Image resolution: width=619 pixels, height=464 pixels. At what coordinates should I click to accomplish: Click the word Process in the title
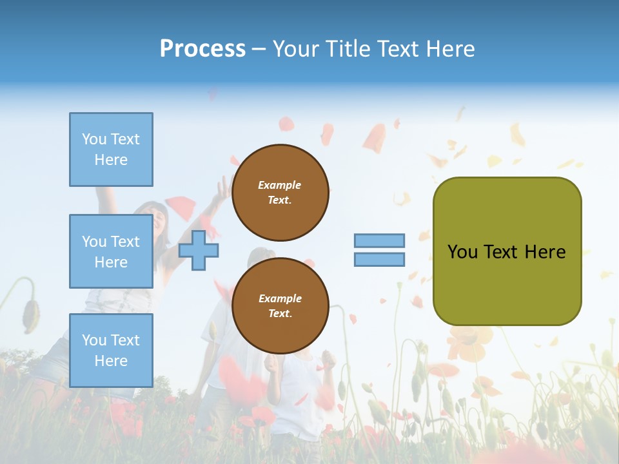click(x=202, y=49)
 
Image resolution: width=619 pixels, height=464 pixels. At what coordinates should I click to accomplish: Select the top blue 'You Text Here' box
click(x=112, y=150)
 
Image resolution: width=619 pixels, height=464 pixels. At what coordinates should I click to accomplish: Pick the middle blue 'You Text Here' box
click(x=112, y=251)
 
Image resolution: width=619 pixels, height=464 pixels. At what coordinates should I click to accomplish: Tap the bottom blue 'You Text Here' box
click(x=112, y=351)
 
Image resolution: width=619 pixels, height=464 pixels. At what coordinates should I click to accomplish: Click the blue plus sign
click(x=199, y=251)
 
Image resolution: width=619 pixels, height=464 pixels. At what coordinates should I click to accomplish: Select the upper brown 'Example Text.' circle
click(x=280, y=193)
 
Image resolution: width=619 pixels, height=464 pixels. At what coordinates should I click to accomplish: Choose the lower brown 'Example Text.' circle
click(x=280, y=305)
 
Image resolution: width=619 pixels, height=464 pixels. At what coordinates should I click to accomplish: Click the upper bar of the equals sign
click(x=379, y=240)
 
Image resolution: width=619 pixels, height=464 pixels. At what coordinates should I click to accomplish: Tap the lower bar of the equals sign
click(x=379, y=260)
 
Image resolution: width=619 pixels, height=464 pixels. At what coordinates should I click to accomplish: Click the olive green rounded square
click(x=507, y=251)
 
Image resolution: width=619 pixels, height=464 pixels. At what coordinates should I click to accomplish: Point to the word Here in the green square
click(x=545, y=252)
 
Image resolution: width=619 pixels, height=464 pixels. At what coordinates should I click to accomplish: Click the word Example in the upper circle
click(x=279, y=186)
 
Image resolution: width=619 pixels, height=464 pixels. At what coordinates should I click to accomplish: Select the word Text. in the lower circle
click(x=280, y=313)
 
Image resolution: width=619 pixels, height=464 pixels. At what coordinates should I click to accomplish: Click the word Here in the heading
click(x=451, y=49)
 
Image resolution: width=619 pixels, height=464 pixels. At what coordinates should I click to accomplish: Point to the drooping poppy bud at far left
click(x=31, y=316)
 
